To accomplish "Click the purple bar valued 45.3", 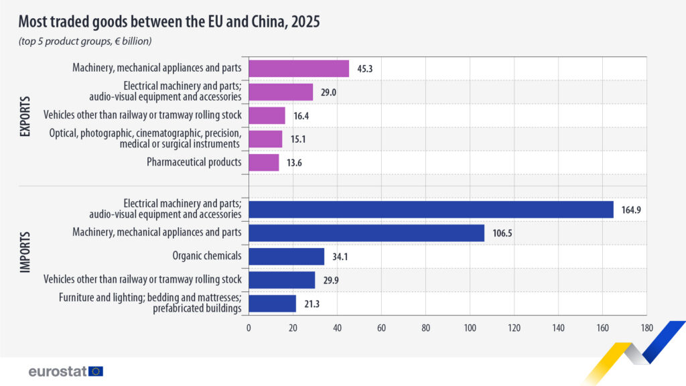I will click(299, 68).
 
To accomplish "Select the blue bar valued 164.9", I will click(431, 210).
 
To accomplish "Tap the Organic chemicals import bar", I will click(286, 257).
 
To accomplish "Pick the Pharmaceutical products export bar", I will click(263, 162).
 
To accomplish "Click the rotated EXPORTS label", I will click(25, 115).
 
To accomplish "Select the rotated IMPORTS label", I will click(25, 257).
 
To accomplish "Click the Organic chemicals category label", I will click(208, 256).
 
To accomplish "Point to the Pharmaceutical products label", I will click(194, 162).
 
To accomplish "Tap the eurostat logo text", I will click(57, 371).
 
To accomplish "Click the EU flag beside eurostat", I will click(96, 371).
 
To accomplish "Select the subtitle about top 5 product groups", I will click(85, 42).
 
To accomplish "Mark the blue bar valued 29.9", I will click(281, 280).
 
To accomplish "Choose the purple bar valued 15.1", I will click(265, 139).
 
